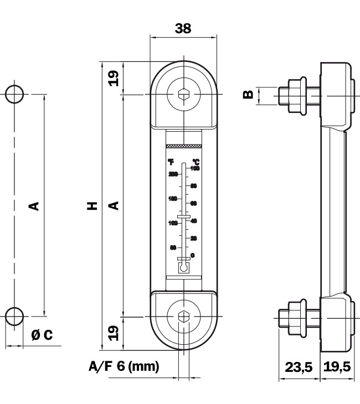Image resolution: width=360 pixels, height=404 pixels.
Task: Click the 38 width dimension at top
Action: pos(183,29)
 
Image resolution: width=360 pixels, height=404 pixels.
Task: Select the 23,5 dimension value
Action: pos(299,366)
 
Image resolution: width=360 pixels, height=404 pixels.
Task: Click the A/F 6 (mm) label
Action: pos(124,366)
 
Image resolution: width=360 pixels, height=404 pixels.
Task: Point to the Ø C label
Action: pos(42,335)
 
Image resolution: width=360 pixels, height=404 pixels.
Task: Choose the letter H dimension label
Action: pos(92,206)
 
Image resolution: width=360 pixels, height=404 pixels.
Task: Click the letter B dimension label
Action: pos(249,94)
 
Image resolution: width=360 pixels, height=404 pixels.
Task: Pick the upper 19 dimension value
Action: pos(114,77)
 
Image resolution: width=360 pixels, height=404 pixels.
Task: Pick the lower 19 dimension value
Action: pos(114,333)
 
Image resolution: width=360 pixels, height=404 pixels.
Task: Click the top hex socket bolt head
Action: pos(183,95)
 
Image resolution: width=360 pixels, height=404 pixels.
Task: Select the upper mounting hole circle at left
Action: pos(14,94)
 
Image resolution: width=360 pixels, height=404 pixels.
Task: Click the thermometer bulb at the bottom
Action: pos(183,267)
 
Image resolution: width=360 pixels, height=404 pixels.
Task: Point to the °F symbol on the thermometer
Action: pos(171,162)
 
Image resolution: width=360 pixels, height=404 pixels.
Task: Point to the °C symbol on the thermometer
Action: pos(195,162)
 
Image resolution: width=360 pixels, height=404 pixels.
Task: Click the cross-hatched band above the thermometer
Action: pos(183,147)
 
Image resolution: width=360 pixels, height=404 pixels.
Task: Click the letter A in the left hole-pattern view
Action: pos(34,206)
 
